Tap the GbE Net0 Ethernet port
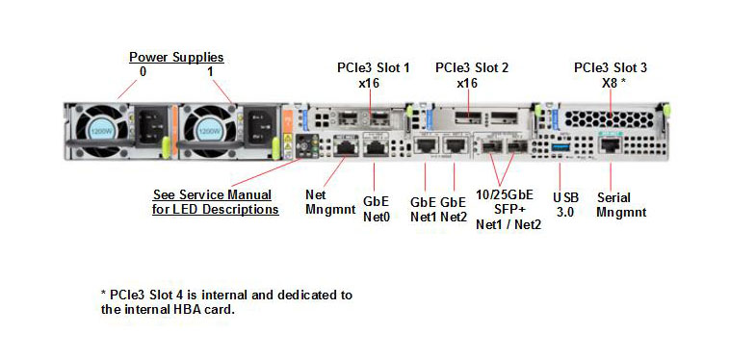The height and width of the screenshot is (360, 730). (x=374, y=148)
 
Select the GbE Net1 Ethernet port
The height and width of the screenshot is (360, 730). (x=425, y=147)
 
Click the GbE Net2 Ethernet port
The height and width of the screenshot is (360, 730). (x=454, y=147)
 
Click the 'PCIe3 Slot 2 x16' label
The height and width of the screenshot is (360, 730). (x=471, y=75)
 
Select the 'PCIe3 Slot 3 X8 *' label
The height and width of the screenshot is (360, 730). (x=610, y=75)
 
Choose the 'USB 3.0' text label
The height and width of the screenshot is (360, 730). (x=564, y=203)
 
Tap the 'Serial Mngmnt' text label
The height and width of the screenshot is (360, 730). (x=621, y=203)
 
